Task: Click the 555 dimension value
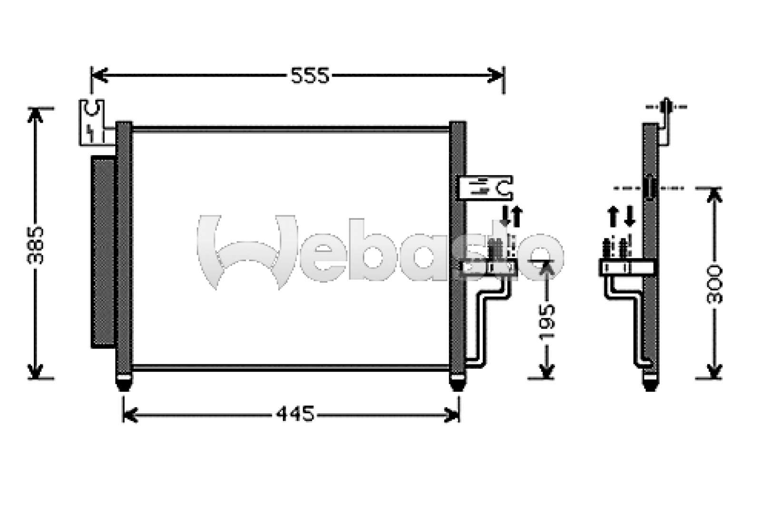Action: (x=310, y=76)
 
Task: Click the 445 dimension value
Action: (x=295, y=414)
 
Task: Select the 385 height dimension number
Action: (x=36, y=245)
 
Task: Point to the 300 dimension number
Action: (x=714, y=284)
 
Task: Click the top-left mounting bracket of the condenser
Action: (x=92, y=121)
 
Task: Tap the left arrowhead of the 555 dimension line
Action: (x=98, y=75)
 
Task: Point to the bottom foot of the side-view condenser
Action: (x=650, y=383)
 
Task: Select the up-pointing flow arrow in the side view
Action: (x=613, y=216)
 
